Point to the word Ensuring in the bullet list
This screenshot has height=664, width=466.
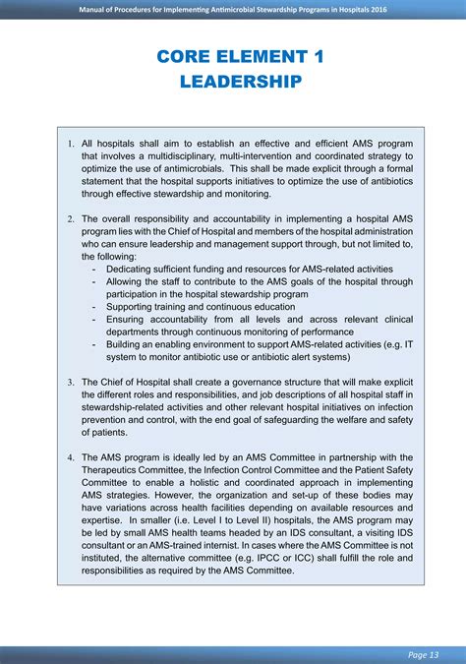[x=127, y=320]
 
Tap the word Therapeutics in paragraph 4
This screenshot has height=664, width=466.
[x=111, y=470]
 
